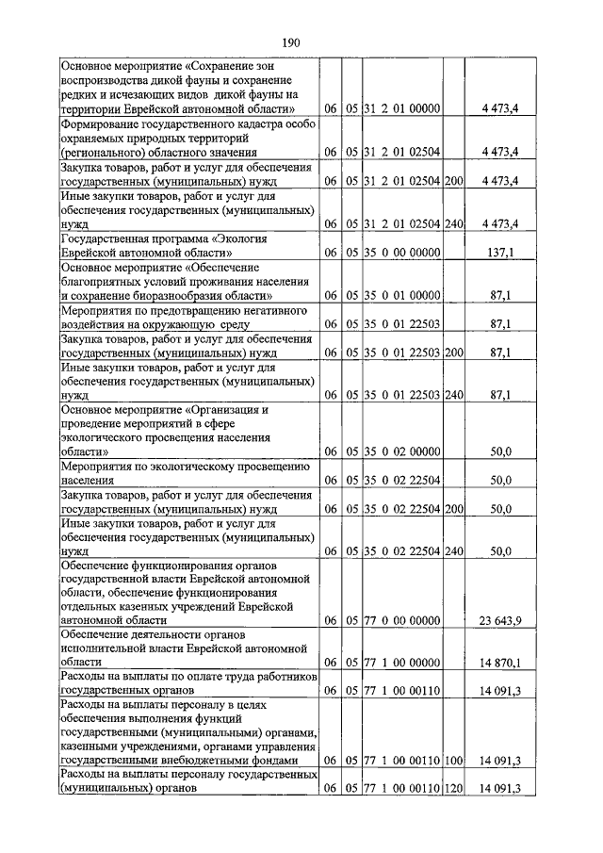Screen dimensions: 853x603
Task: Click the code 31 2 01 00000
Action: [401, 109]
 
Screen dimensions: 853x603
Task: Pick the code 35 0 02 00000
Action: [401, 452]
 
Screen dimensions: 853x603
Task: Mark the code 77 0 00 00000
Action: [401, 620]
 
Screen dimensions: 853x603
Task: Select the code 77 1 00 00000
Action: [401, 663]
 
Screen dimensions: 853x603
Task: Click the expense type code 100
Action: [454, 760]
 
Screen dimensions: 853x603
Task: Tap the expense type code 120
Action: [454, 788]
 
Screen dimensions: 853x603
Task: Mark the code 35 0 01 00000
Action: [401, 296]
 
